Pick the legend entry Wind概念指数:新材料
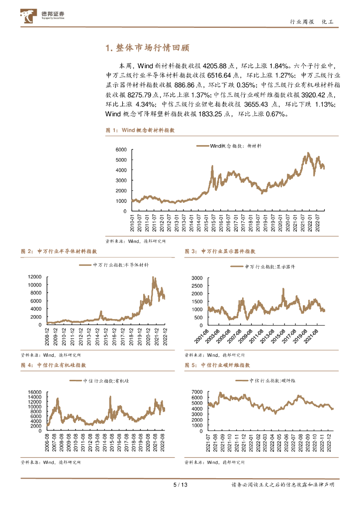point(229,146)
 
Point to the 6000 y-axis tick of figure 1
point(121,150)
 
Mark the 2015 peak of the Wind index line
point(212,167)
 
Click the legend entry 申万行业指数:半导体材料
point(114,265)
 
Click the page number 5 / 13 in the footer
point(180,485)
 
